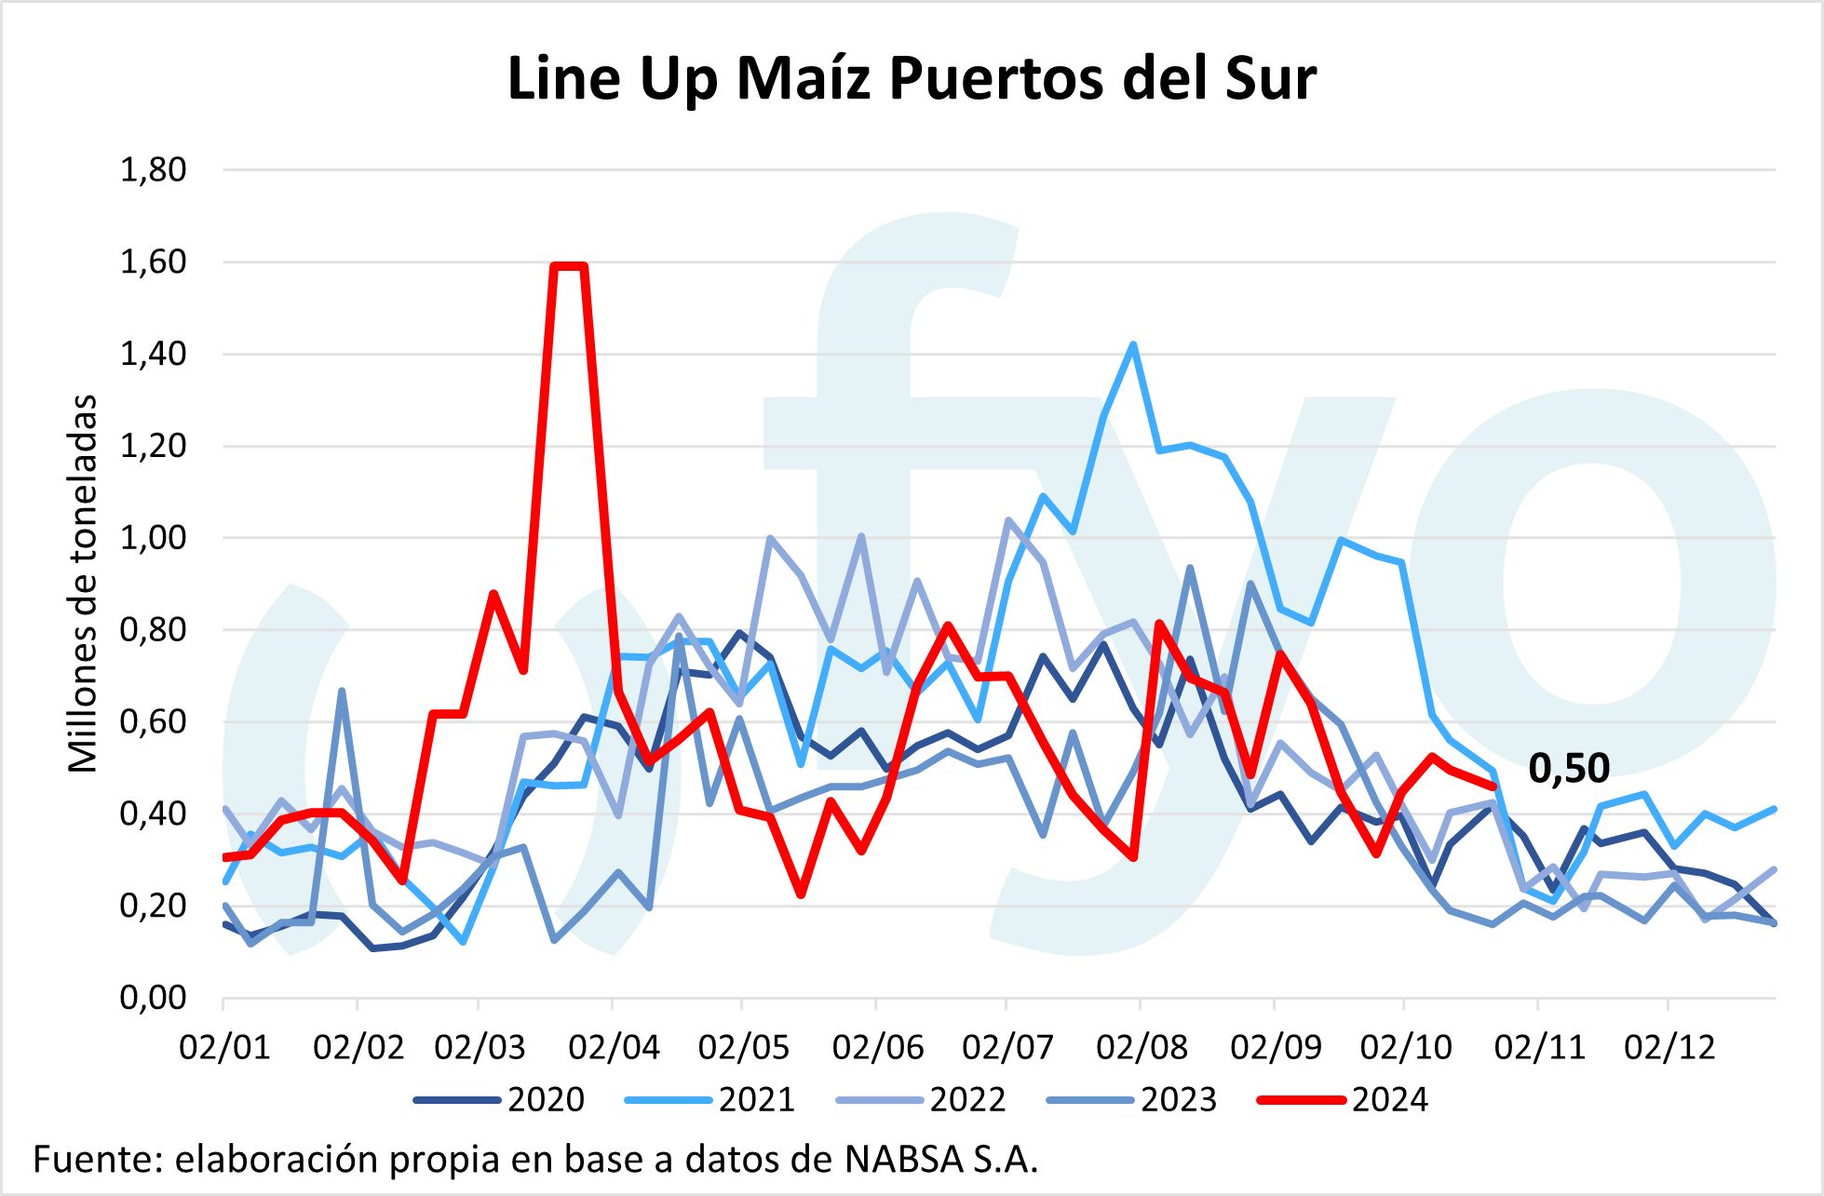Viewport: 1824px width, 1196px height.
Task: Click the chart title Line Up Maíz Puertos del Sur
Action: click(912, 78)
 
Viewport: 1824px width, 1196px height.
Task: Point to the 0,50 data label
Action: click(1569, 769)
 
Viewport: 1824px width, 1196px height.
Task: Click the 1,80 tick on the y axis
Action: click(154, 170)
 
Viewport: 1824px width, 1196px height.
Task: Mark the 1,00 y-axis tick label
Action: click(154, 538)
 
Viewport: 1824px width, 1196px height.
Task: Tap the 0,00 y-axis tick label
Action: click(154, 998)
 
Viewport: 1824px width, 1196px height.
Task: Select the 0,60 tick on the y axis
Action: click(154, 722)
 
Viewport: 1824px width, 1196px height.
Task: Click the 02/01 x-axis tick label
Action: click(224, 1048)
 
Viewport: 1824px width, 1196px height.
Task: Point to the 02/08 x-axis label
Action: click(1142, 1048)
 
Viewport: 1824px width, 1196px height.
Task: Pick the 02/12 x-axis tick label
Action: click(1669, 1048)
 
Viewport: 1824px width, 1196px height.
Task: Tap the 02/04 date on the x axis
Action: click(614, 1048)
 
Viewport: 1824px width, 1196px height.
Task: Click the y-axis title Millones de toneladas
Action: click(83, 584)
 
